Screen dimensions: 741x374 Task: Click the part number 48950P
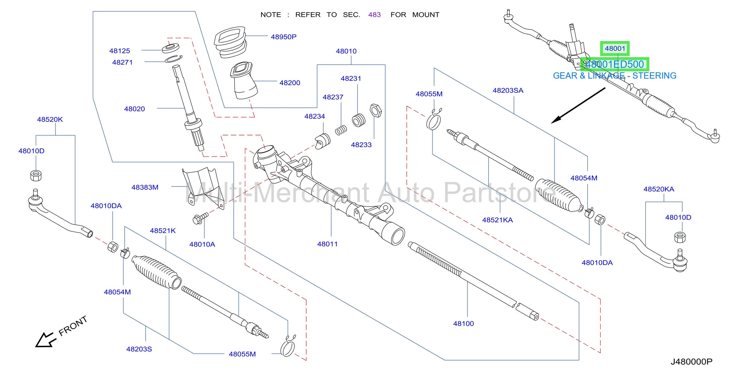(283, 37)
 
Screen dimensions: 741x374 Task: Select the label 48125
(119, 51)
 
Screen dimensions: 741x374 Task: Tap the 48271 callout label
(122, 63)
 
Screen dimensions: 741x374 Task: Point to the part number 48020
(134, 109)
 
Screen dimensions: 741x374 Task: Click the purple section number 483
(374, 15)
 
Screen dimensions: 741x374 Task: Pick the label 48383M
(145, 188)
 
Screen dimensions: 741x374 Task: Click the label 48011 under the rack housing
(327, 244)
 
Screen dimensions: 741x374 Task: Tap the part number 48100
(463, 324)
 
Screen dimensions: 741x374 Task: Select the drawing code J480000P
(692, 362)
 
